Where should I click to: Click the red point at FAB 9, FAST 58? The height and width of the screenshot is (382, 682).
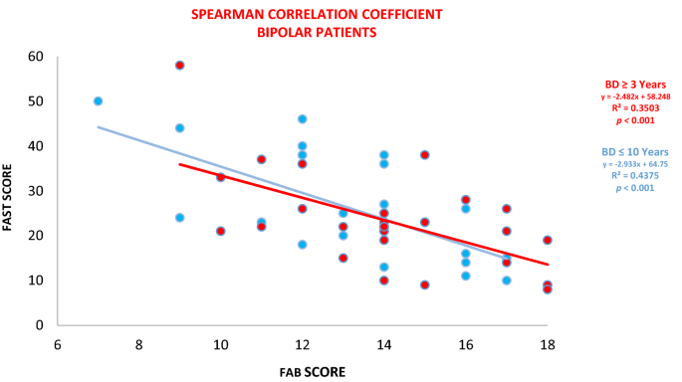pyautogui.click(x=180, y=65)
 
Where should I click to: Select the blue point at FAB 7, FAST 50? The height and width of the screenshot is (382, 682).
pyautogui.click(x=98, y=101)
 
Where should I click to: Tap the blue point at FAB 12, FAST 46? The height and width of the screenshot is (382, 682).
pyautogui.click(x=303, y=119)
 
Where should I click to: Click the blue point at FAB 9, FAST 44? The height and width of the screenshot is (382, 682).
pyautogui.click(x=180, y=128)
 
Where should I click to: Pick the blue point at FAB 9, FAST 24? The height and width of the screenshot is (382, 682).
pyautogui.click(x=180, y=218)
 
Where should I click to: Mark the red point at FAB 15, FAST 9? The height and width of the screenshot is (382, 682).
pyautogui.click(x=425, y=285)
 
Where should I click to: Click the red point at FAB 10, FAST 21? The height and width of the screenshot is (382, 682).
pyautogui.click(x=221, y=231)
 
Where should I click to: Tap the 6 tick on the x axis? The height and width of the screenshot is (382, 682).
pyautogui.click(x=58, y=342)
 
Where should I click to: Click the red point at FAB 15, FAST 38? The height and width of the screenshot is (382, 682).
pyautogui.click(x=425, y=155)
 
